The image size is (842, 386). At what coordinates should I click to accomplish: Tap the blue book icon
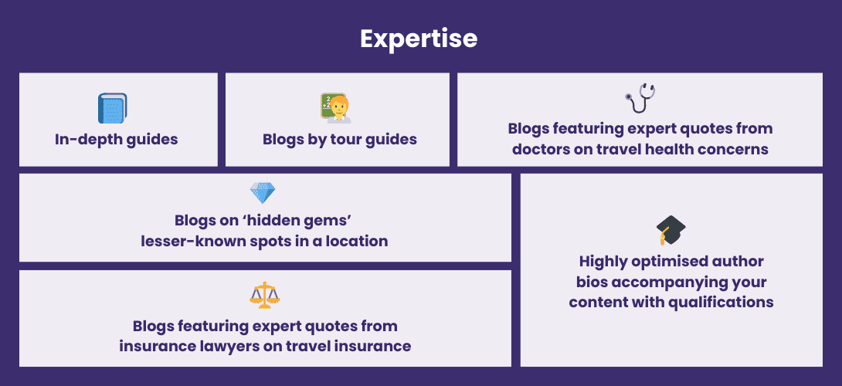[x=112, y=108]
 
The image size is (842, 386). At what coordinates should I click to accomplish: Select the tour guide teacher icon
[x=336, y=108]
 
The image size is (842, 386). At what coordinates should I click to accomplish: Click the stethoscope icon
[x=640, y=99]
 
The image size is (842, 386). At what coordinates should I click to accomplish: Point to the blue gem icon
[x=263, y=193]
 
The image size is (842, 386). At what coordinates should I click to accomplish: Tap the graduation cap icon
[x=671, y=230]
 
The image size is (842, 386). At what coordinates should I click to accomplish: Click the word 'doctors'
[x=540, y=149]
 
